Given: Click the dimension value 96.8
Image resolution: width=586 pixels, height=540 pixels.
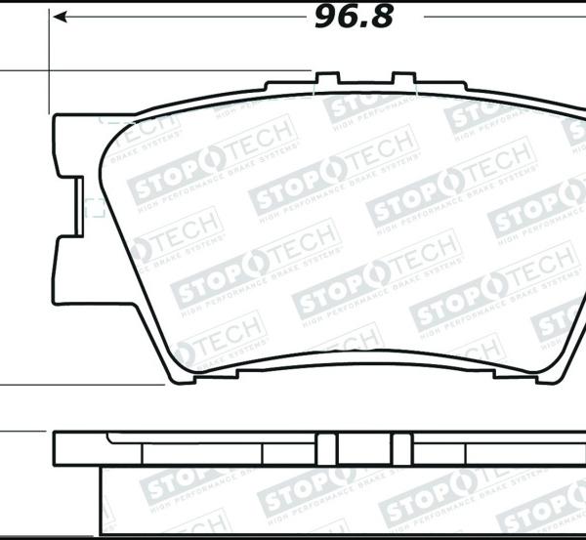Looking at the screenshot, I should pyautogui.click(x=353, y=17).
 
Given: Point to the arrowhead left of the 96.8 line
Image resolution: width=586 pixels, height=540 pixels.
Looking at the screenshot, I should pyautogui.click(x=59, y=17).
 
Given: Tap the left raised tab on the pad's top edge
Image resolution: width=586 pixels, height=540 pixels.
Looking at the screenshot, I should pyautogui.click(x=325, y=77).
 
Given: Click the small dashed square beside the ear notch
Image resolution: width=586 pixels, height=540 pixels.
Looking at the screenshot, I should pyautogui.click(x=96, y=207).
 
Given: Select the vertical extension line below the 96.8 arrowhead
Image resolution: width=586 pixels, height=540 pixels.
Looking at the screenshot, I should pyautogui.click(x=49, y=59).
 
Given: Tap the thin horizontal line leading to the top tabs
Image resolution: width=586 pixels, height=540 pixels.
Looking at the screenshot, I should pyautogui.click(x=156, y=70).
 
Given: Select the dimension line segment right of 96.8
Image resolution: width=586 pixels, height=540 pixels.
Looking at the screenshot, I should pyautogui.click(x=488, y=17).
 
